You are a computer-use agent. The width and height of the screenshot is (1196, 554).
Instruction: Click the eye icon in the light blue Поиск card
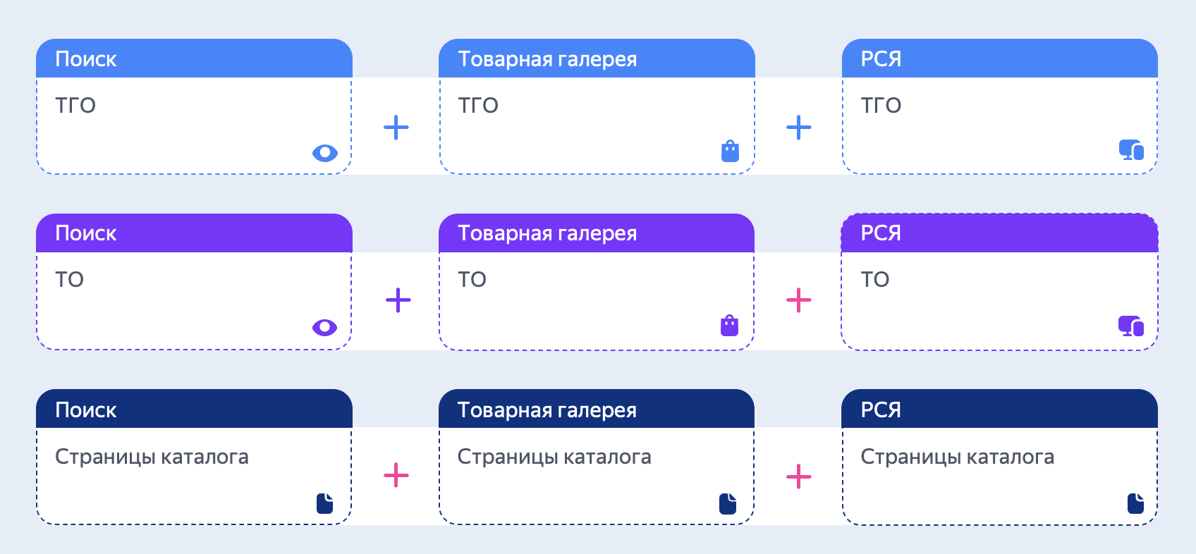coord(324,153)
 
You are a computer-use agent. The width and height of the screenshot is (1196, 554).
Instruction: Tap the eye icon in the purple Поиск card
coord(324,327)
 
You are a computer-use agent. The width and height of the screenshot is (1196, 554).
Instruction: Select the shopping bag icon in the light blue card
coord(730,151)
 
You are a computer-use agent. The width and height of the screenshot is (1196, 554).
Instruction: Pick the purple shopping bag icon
coord(729,326)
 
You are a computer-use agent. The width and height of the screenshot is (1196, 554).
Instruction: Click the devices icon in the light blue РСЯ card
coord(1131,150)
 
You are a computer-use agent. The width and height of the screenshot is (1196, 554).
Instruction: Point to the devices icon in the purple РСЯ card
coord(1131,326)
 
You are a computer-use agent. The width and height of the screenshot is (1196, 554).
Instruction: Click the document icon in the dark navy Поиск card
coord(324,503)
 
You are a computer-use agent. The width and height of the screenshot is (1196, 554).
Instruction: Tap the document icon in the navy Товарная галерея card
coord(728,503)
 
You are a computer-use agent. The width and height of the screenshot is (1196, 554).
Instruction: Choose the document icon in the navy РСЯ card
coord(1135,503)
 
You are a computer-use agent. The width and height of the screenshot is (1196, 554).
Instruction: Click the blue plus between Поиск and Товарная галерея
coord(396,128)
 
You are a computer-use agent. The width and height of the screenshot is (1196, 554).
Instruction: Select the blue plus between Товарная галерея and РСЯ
coord(799,128)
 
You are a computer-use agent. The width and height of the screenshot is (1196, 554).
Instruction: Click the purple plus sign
coord(398,300)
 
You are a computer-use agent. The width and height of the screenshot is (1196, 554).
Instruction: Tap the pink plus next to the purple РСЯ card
coord(799,300)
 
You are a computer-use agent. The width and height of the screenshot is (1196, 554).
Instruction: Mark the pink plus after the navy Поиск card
coord(396,475)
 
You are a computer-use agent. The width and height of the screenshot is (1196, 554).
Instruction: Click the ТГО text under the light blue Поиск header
coord(75,105)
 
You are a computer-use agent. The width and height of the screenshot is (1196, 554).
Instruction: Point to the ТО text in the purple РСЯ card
coord(874,279)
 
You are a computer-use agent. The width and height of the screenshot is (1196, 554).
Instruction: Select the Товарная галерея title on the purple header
coord(547,234)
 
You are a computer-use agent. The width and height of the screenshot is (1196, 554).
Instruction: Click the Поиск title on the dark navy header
coord(86,410)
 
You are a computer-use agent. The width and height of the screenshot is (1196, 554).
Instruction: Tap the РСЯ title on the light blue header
coord(881,59)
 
